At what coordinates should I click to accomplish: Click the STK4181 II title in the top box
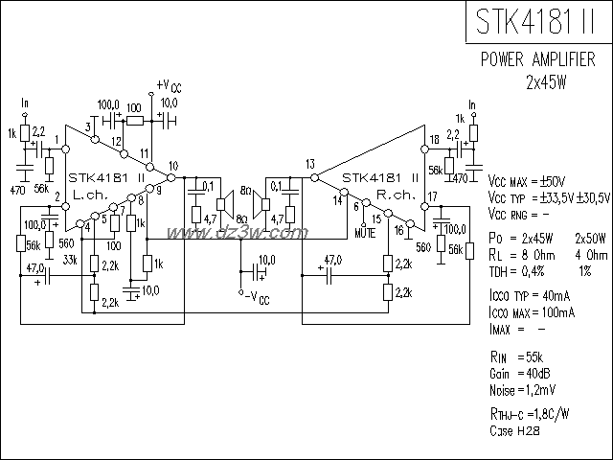pyautogui.click(x=538, y=21)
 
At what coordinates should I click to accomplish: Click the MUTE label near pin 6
pyautogui.click(x=364, y=233)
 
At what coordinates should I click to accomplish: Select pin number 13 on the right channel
pyautogui.click(x=309, y=164)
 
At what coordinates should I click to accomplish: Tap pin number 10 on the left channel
pyautogui.click(x=172, y=166)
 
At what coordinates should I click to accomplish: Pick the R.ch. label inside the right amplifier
pyautogui.click(x=394, y=194)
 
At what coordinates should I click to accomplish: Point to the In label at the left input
pyautogui.click(x=25, y=103)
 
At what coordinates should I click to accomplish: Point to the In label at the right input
pyautogui.click(x=470, y=103)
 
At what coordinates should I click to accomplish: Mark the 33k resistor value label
pyautogui.click(x=71, y=259)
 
